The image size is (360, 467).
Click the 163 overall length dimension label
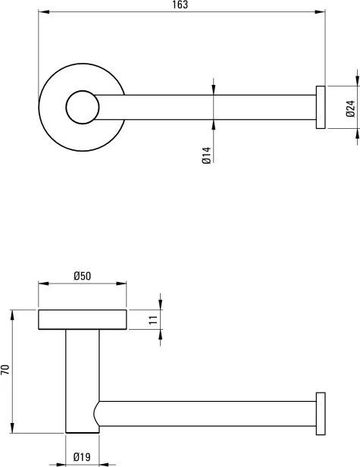point(180,5)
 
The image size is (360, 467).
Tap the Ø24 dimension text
point(350,108)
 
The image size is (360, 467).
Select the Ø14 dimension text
point(206,155)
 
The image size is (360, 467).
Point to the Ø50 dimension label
point(82,276)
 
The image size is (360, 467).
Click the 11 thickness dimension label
point(153,320)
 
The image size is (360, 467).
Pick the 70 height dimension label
point(5,370)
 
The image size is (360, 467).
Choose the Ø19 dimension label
point(82,457)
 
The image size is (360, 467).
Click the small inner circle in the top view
point(83,107)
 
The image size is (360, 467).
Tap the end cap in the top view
point(321,107)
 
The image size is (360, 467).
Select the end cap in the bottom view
point(321,414)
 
